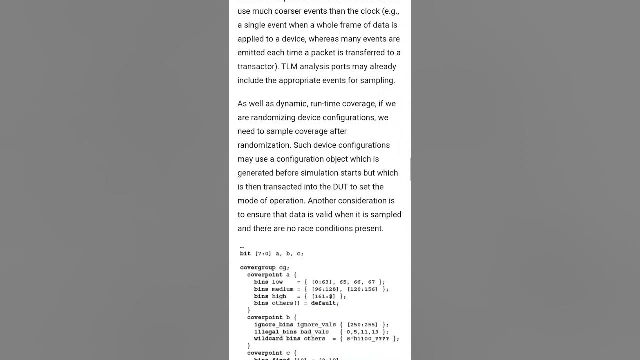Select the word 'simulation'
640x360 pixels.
(319, 173)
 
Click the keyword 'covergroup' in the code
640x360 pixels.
(258, 268)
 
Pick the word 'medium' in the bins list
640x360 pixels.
(282, 289)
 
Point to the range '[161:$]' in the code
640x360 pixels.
(323, 296)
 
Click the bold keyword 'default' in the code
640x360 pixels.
(325, 303)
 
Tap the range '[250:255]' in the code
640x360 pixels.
(362, 325)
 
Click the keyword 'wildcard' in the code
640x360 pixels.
(268, 339)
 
